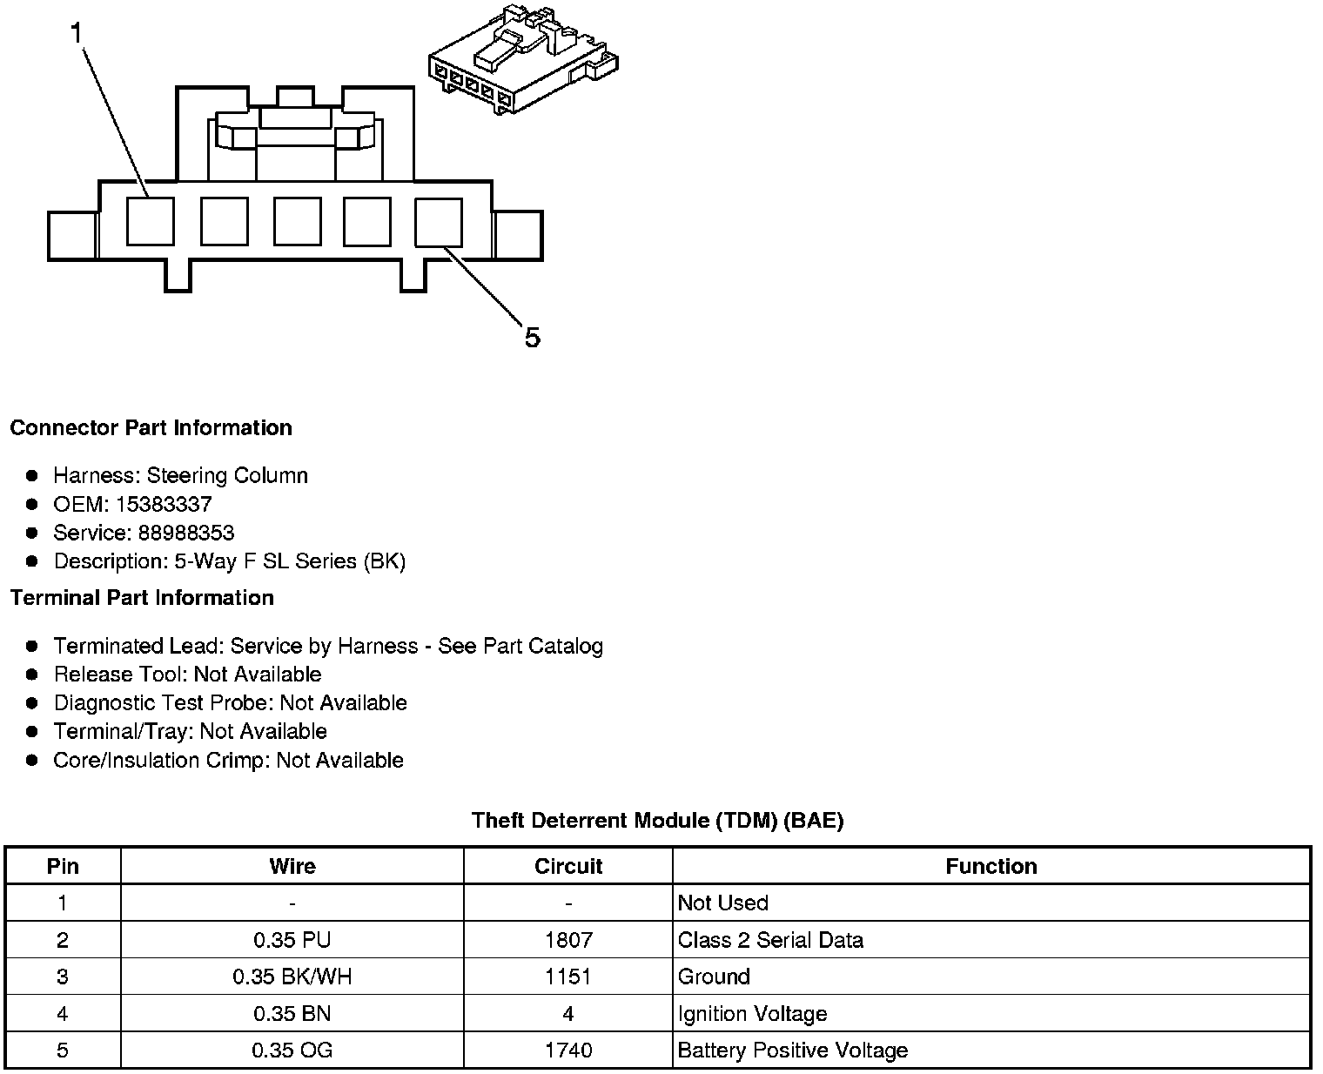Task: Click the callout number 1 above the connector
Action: coord(77,33)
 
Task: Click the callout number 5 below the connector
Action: coord(532,337)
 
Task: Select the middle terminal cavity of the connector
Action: coord(297,221)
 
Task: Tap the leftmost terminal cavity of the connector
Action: coord(150,221)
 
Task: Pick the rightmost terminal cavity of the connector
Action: coord(438,221)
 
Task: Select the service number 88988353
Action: coord(186,533)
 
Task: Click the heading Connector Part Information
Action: coord(151,428)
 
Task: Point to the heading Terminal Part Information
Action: coord(142,598)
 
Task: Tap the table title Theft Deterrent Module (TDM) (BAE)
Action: coord(657,820)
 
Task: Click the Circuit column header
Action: coord(568,866)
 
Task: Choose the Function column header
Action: coord(991,866)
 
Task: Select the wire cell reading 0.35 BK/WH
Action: coord(292,977)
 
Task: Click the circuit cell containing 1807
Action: coord(568,940)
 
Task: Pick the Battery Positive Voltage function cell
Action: coord(792,1051)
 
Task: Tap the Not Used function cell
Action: coord(722,903)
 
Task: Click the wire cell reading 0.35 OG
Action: coord(292,1051)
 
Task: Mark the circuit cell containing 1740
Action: coord(568,1051)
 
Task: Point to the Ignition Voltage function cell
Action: coord(752,1014)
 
